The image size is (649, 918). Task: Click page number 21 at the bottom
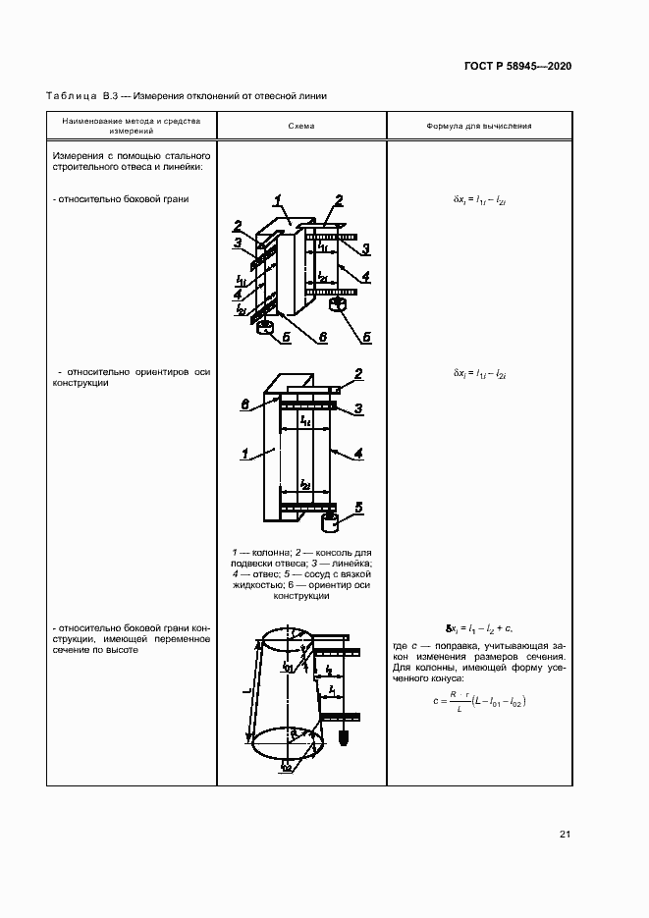(565, 835)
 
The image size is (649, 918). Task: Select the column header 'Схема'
(301, 127)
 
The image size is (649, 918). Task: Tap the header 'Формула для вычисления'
(479, 127)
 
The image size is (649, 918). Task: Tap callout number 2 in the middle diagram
(358, 374)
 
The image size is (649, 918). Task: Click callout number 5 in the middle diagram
(359, 507)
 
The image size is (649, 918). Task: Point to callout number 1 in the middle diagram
(243, 454)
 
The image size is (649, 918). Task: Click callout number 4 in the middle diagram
(359, 454)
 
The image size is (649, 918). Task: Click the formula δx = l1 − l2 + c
(479, 626)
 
